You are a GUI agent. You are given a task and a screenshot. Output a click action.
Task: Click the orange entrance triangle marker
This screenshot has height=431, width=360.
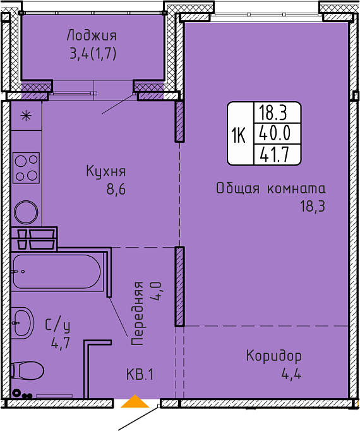click(x=135, y=401)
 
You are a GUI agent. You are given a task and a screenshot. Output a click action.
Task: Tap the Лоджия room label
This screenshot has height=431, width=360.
click(x=92, y=36)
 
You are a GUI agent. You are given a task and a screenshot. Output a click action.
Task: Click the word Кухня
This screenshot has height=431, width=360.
click(x=106, y=172)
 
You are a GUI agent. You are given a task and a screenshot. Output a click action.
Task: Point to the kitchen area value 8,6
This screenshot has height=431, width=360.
click(x=116, y=190)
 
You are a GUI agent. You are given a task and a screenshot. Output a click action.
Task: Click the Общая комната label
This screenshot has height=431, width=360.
click(x=271, y=188)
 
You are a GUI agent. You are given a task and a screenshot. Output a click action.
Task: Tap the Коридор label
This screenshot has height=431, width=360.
click(x=274, y=356)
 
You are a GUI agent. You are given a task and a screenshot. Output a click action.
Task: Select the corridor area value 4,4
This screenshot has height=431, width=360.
click(x=291, y=374)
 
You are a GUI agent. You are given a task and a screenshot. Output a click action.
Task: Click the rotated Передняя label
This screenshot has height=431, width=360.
click(x=138, y=313)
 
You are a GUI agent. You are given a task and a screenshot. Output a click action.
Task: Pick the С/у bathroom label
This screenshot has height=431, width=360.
click(x=57, y=325)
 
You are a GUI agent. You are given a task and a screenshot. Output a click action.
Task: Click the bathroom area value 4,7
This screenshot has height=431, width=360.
click(x=61, y=343)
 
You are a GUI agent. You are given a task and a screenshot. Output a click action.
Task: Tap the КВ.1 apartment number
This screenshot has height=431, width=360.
click(x=140, y=375)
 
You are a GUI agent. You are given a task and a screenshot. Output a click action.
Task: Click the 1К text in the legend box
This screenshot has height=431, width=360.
click(x=238, y=135)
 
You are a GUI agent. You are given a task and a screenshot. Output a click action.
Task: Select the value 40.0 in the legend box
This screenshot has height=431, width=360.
click(x=275, y=133)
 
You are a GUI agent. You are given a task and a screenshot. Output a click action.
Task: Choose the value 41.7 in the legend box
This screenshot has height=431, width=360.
click(x=275, y=154)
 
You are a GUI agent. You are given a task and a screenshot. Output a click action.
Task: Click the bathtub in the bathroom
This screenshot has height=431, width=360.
click(x=57, y=272)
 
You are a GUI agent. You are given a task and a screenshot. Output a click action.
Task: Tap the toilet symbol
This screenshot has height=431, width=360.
click(x=27, y=370)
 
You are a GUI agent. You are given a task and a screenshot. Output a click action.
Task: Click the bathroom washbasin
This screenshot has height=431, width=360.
click(x=23, y=323)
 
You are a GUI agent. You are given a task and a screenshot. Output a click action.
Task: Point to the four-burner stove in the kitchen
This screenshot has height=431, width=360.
click(x=26, y=167)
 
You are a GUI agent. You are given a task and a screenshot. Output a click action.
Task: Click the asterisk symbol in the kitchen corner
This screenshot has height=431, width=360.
click(x=26, y=116)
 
